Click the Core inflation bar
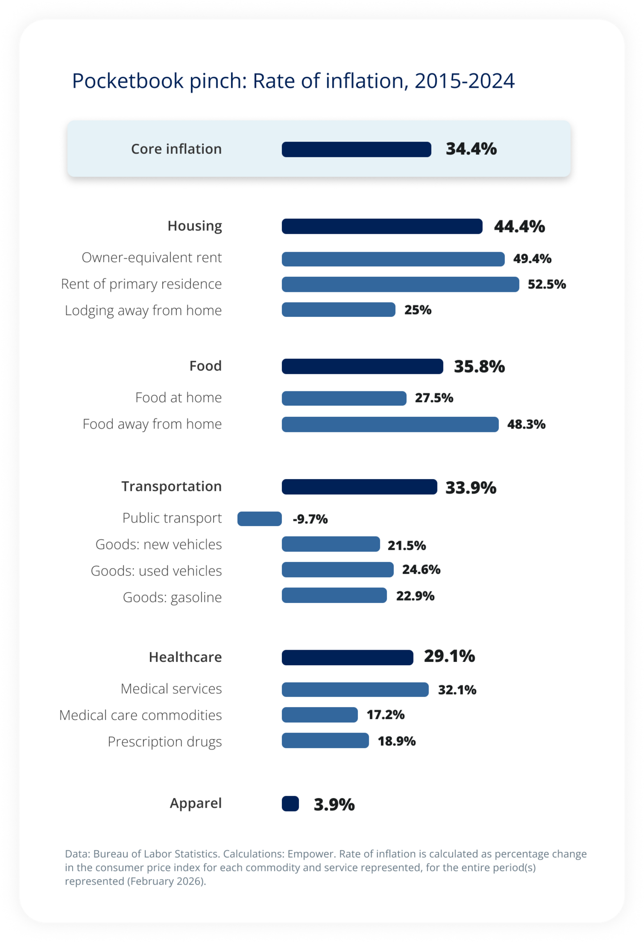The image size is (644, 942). click(356, 149)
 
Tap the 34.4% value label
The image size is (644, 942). click(471, 149)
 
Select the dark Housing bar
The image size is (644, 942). click(382, 226)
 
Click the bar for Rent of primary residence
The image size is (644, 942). click(400, 284)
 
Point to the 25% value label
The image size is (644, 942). click(418, 310)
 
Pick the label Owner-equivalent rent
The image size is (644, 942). click(151, 258)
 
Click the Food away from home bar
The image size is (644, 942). click(390, 424)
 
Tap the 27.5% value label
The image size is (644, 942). click(434, 398)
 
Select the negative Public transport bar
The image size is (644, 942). click(259, 519)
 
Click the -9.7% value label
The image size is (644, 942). click(310, 519)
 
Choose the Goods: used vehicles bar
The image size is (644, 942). click(338, 570)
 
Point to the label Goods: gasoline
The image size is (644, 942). click(172, 597)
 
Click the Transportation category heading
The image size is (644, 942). click(171, 487)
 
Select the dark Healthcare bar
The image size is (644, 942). click(347, 657)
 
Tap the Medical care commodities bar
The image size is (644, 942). click(320, 715)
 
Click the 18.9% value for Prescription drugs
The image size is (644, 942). click(396, 741)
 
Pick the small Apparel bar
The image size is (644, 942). click(290, 803)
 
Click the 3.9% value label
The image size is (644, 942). click(334, 804)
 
